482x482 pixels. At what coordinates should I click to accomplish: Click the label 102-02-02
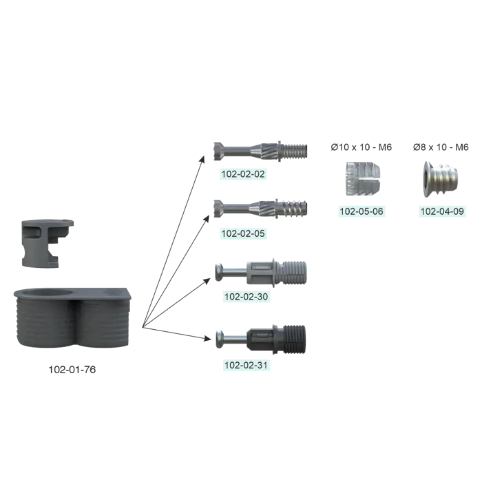[242, 174]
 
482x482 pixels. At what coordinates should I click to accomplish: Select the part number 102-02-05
[242, 233]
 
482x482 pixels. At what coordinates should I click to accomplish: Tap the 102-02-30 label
[246, 297]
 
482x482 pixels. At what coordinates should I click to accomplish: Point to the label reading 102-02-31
[246, 366]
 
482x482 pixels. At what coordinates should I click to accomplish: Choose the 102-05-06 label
[361, 211]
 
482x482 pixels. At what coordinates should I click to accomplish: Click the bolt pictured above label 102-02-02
[260, 151]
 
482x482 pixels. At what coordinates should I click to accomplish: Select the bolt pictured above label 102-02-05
[260, 208]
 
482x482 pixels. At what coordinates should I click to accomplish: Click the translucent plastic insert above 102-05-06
[359, 178]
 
